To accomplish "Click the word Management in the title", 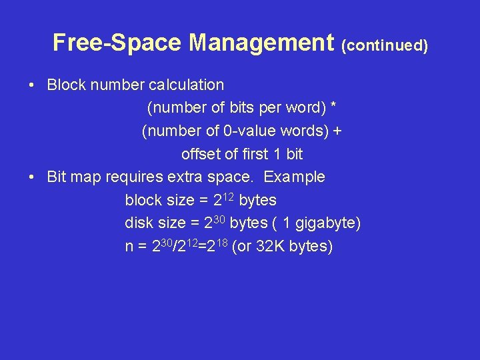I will tap(261, 43).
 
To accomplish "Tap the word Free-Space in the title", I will tap(118, 43).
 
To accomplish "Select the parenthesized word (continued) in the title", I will tap(384, 45).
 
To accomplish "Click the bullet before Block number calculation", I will tap(31, 85).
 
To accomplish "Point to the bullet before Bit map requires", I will tap(31, 177).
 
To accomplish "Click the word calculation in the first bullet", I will tap(187, 85).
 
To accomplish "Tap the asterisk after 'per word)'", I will tap(333, 107).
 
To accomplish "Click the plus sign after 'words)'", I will tap(337, 131).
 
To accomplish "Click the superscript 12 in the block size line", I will tap(229, 196).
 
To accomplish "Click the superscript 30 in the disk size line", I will tap(219, 219).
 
